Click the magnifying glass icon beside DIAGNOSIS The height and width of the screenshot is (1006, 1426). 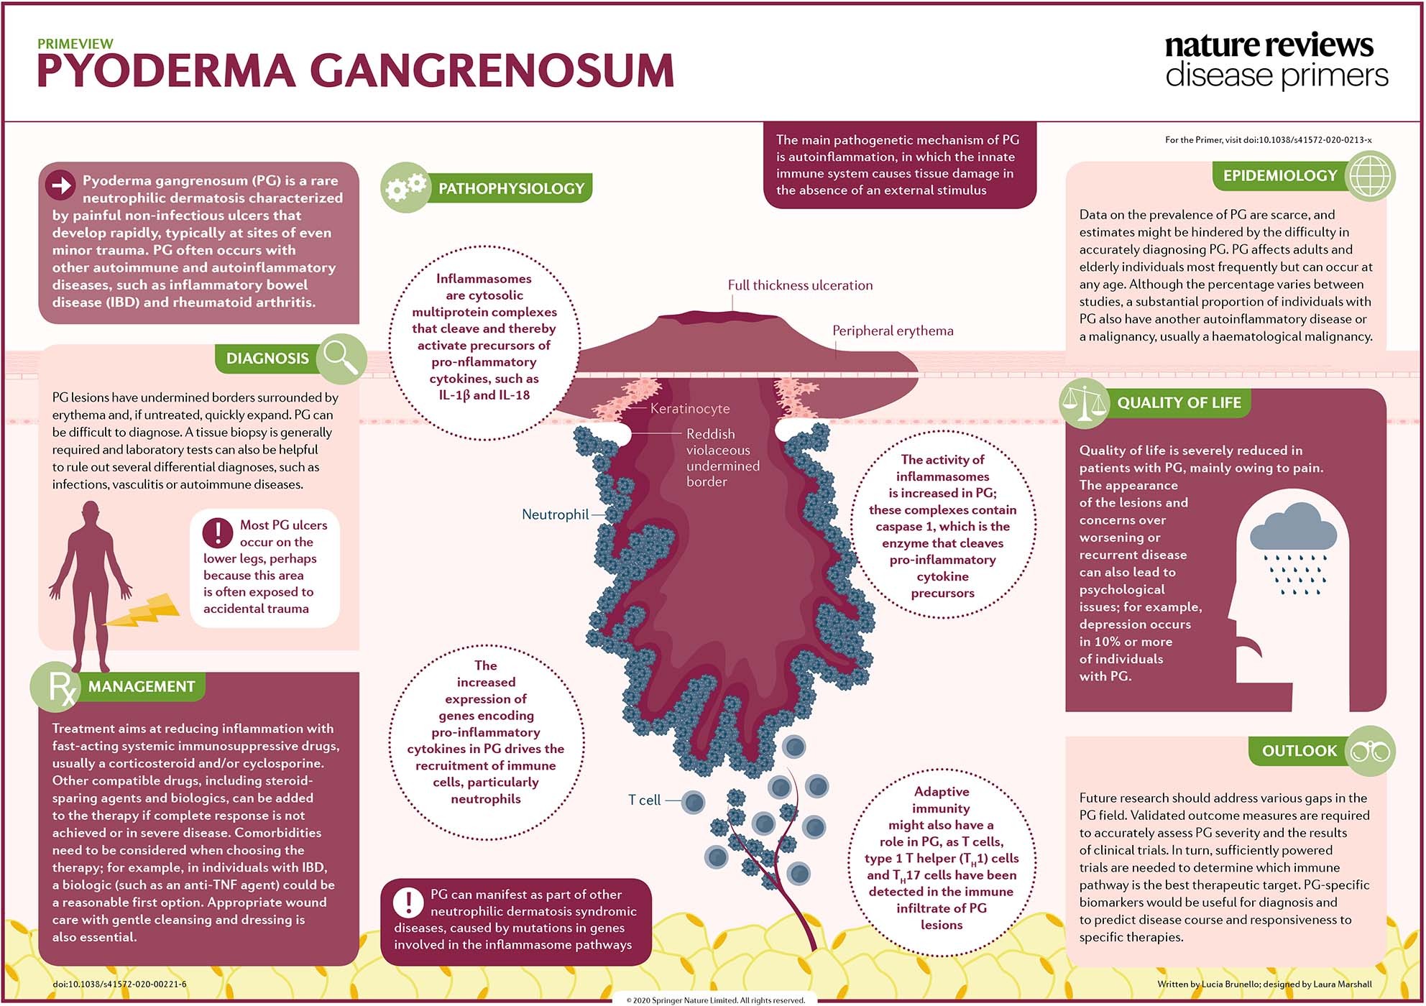click(x=341, y=358)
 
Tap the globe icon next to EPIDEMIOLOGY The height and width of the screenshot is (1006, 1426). click(x=1370, y=176)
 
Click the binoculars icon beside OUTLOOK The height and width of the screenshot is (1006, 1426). click(x=1370, y=752)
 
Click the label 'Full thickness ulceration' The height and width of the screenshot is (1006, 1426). click(x=800, y=285)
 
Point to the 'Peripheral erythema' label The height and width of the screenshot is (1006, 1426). click(x=893, y=331)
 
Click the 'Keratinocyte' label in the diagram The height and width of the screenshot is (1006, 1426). click(x=689, y=409)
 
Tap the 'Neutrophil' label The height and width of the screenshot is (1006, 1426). click(x=555, y=514)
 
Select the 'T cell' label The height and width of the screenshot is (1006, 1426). click(x=644, y=800)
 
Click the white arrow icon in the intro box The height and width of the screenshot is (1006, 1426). click(x=61, y=185)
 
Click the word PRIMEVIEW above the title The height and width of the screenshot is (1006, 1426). click(x=75, y=44)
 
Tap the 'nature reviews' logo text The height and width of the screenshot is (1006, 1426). click(x=1269, y=45)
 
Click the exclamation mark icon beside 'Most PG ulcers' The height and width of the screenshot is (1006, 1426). click(x=217, y=532)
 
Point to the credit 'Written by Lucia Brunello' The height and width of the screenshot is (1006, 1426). click(x=1207, y=984)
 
